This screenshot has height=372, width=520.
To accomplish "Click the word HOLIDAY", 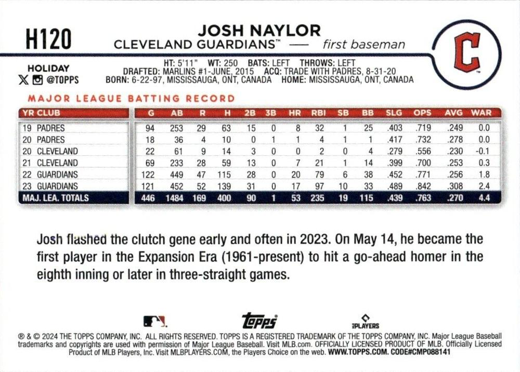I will click(48, 68).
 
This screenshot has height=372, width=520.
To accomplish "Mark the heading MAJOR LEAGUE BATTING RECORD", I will click(131, 98).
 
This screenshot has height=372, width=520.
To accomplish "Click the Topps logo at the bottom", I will click(259, 321).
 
